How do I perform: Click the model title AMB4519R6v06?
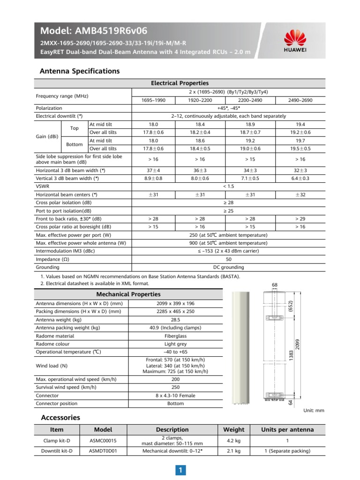[x=94, y=31]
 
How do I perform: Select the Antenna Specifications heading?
[x=80, y=71]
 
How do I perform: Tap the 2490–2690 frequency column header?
[x=300, y=100]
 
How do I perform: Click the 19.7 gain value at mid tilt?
[x=300, y=140]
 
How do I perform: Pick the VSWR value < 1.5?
[x=228, y=186]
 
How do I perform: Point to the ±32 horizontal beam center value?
[x=300, y=195]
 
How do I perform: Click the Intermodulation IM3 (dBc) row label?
[x=70, y=251]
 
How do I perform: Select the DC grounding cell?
[x=228, y=267]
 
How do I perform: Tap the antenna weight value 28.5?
[x=175, y=320]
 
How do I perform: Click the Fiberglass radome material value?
[x=175, y=336]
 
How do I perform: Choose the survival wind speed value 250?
[x=175, y=387]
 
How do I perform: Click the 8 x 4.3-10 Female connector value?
[x=175, y=396]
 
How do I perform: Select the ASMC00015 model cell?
[x=103, y=441]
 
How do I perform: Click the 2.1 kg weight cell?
[x=233, y=451]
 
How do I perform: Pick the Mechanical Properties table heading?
[x=128, y=294]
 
